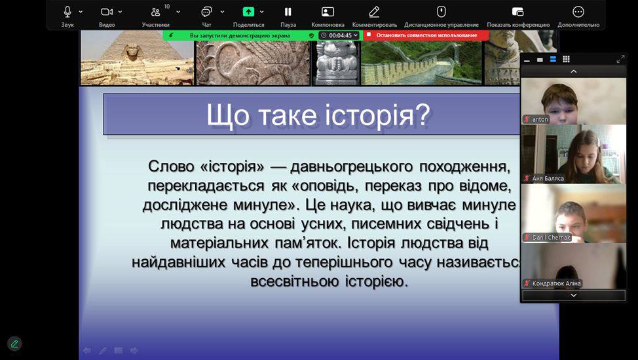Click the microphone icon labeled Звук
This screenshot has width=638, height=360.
(x=67, y=12)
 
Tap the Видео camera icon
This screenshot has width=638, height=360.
(x=107, y=12)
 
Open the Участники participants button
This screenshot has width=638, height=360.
(x=155, y=12)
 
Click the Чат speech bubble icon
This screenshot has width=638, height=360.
(x=207, y=12)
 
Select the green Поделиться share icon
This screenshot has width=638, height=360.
(x=248, y=12)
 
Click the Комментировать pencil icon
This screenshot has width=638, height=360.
(x=374, y=12)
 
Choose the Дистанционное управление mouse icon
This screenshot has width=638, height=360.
(x=441, y=12)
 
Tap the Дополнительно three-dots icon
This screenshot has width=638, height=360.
(x=578, y=12)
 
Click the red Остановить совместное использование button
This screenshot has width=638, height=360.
(x=426, y=35)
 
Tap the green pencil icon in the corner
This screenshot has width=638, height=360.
(x=14, y=344)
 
